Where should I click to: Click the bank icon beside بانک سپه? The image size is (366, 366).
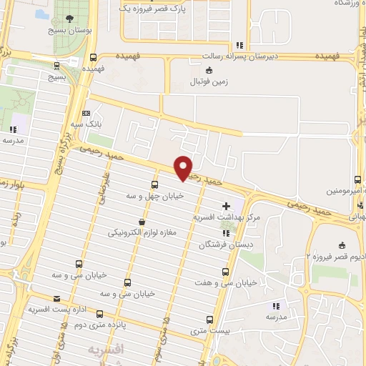coord(86,113)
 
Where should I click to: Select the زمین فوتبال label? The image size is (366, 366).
coord(207,81)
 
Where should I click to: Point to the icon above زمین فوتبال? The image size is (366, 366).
coord(208,70)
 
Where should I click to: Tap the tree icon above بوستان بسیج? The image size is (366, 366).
coord(69,19)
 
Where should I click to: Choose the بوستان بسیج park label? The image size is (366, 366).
coord(69,31)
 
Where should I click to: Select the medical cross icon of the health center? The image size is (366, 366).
coord(227,206)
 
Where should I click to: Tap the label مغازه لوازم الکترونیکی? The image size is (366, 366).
coord(142,233)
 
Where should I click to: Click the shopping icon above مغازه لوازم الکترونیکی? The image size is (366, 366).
coord(142,222)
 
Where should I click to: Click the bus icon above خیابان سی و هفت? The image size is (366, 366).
coord(226,272)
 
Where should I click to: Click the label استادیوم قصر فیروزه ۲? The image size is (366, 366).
coord(337,255)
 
